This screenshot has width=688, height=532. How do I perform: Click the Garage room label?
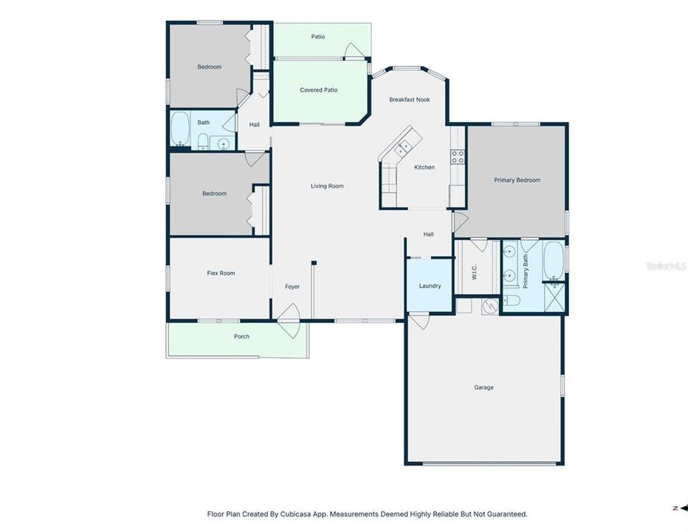[x=484, y=387]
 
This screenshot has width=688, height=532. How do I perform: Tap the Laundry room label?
[x=430, y=286]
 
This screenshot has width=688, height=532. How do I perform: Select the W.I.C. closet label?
[x=474, y=272]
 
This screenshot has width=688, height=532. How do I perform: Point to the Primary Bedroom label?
[x=517, y=180]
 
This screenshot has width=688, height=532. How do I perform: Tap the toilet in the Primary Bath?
[x=512, y=300]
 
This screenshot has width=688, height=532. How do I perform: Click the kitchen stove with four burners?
[x=458, y=156]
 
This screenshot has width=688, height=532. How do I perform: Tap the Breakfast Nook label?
[x=410, y=100]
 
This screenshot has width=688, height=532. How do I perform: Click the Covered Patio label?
[x=319, y=90]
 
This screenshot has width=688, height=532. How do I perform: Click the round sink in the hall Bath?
[x=222, y=143]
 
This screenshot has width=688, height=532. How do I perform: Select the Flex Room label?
[x=221, y=273]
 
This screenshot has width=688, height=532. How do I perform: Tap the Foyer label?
[x=292, y=287]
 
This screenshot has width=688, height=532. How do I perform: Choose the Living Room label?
[x=327, y=186]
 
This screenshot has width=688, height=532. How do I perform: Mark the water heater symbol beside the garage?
[x=491, y=306]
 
